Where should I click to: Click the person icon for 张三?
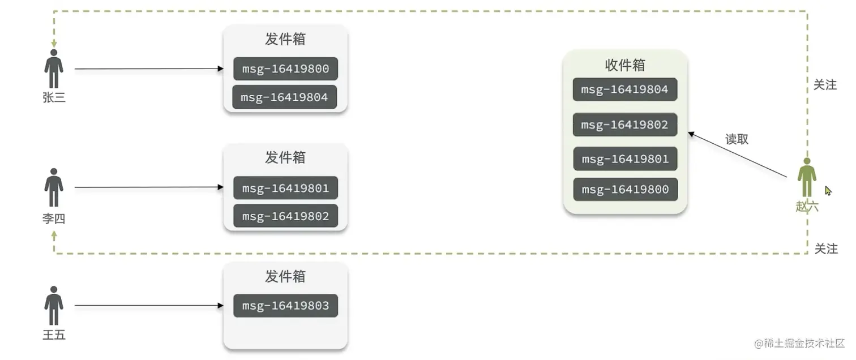click(54, 68)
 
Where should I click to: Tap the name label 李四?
click(54, 218)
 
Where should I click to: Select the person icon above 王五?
click(54, 305)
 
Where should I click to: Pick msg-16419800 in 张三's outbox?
click(285, 68)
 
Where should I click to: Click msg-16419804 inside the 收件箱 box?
click(624, 89)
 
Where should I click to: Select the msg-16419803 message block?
click(285, 306)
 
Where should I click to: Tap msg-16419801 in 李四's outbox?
click(285, 187)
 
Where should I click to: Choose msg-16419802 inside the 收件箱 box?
click(624, 125)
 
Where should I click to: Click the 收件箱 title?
click(625, 65)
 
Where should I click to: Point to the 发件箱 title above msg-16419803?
click(285, 276)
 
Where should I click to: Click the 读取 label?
click(737, 139)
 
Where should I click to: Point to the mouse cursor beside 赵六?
click(828, 191)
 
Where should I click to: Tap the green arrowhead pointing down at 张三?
click(54, 44)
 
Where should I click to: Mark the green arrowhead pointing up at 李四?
click(54, 233)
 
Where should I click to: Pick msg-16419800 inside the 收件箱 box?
click(624, 190)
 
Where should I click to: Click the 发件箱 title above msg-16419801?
click(285, 157)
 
